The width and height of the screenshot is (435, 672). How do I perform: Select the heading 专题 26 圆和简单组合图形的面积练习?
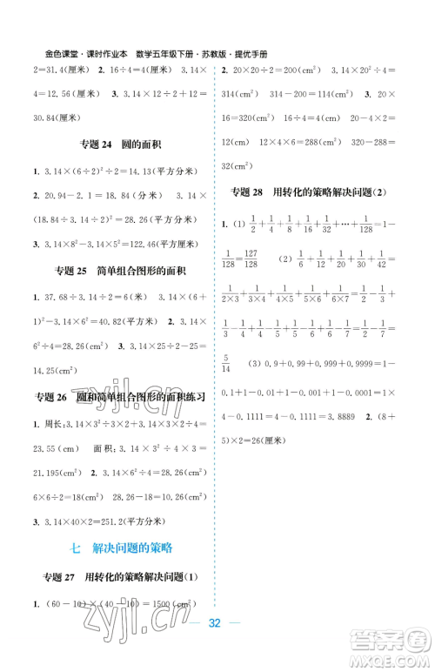[x=118, y=398]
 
